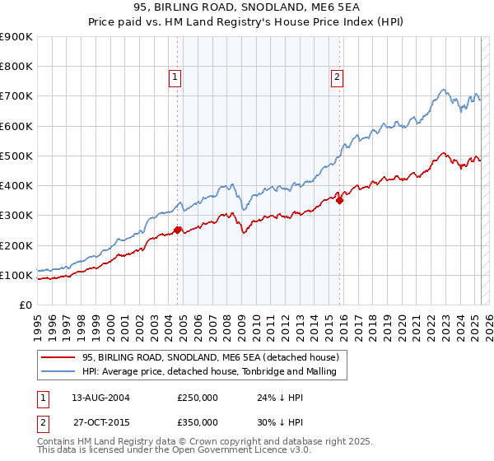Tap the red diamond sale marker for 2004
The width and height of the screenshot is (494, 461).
pyautogui.click(x=178, y=230)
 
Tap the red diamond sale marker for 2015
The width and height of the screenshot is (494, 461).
pyautogui.click(x=340, y=200)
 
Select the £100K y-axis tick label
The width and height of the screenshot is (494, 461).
pyautogui.click(x=16, y=275)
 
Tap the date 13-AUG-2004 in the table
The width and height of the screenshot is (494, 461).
pyautogui.click(x=100, y=398)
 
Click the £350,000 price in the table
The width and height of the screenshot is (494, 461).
pyautogui.click(x=198, y=422)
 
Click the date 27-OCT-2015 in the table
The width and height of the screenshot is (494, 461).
pyautogui.click(x=100, y=422)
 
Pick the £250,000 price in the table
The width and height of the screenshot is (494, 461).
pyautogui.click(x=198, y=398)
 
